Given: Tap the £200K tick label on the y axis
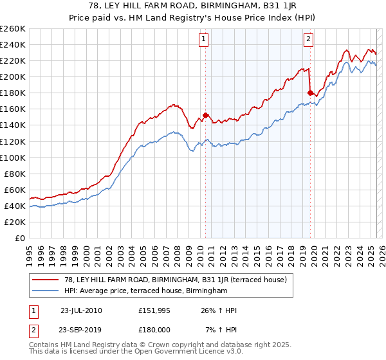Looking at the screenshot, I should click(12, 76).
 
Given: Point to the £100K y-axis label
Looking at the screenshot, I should click(12, 157).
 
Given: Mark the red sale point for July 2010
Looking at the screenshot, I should click(206, 115).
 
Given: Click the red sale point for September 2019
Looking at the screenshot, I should click(310, 93).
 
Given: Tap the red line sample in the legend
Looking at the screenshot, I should click(46, 280).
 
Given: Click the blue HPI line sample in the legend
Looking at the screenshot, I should click(46, 291).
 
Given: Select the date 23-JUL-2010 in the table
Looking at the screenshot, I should click(81, 310).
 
